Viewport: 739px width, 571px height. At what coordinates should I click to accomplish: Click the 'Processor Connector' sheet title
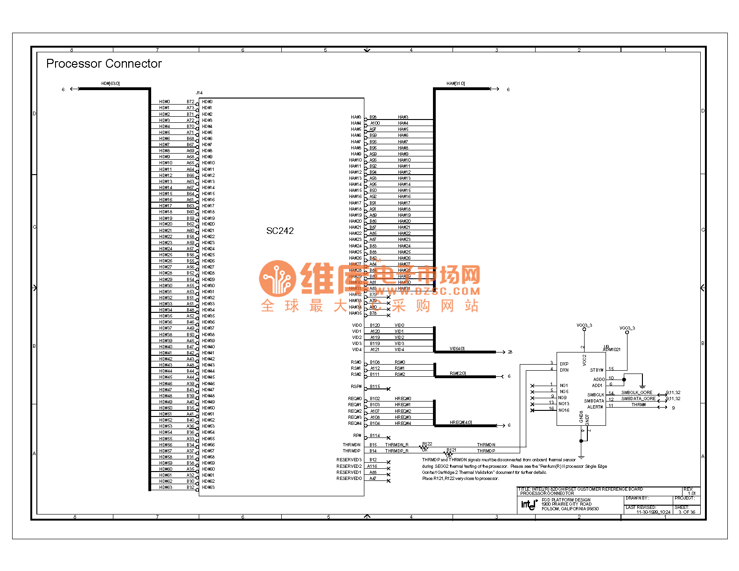click(104, 63)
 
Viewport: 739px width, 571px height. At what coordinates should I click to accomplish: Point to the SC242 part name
click(280, 231)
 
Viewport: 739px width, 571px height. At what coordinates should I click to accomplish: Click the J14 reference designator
click(199, 93)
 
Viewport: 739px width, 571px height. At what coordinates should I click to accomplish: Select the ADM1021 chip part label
click(612, 349)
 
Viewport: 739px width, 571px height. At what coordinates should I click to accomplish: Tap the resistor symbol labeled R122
click(424, 448)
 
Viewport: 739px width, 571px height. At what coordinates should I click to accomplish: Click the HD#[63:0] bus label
click(111, 84)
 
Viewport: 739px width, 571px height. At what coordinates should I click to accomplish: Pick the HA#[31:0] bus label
click(455, 84)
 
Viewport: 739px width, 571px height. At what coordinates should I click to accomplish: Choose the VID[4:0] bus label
click(457, 349)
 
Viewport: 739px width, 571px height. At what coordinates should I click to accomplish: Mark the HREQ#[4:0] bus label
click(460, 423)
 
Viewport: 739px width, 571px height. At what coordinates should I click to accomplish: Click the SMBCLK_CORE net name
click(637, 393)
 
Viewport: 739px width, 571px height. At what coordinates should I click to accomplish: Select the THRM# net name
click(639, 405)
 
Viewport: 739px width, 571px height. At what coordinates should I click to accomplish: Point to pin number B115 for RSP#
click(375, 387)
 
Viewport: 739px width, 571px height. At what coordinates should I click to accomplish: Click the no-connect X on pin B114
click(389, 438)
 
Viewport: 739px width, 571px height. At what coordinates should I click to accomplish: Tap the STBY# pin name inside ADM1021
click(597, 370)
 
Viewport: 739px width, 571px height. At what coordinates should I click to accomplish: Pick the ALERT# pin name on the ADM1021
click(595, 407)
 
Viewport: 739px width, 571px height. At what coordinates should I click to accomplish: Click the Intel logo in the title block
click(529, 504)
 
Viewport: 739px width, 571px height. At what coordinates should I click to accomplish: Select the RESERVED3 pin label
click(349, 460)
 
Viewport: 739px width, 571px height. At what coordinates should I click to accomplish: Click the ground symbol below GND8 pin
click(581, 457)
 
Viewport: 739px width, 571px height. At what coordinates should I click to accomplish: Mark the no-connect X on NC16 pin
click(532, 410)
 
